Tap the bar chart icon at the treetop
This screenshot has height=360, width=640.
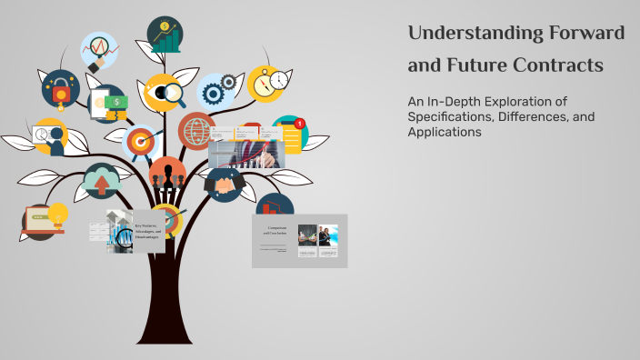[x=165, y=35]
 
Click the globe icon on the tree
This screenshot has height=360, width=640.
[x=195, y=131]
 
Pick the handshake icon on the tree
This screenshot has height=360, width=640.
[x=224, y=185]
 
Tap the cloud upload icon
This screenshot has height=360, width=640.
[x=101, y=181]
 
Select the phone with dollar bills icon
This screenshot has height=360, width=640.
[x=108, y=104]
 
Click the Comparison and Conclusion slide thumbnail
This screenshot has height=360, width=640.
[x=299, y=240]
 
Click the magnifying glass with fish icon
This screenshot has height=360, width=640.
[x=165, y=92]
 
